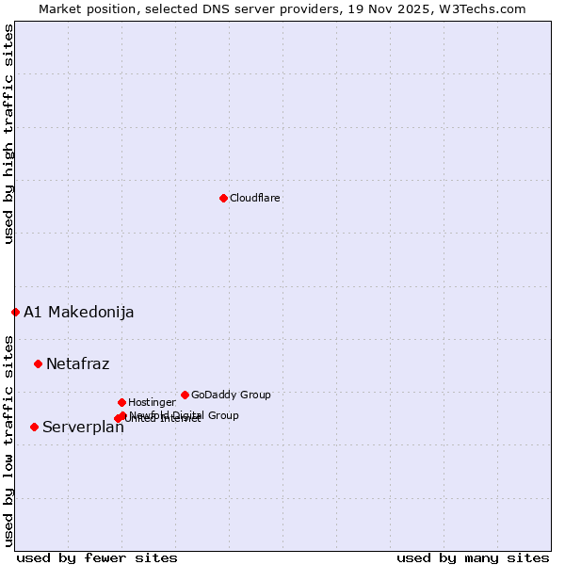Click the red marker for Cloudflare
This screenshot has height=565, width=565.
tap(223, 198)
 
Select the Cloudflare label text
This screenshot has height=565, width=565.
tap(254, 198)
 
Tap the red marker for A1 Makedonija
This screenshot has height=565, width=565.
tap(15, 312)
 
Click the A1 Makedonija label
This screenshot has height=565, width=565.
tap(78, 313)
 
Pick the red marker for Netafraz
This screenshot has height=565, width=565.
tap(38, 363)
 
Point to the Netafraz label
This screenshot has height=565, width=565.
tap(77, 364)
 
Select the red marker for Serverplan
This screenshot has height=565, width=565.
tap(34, 427)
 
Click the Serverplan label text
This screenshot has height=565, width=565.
tap(83, 428)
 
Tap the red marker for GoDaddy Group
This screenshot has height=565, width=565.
tap(185, 395)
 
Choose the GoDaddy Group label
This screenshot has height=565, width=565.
tap(231, 395)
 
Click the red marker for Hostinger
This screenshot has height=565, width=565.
tap(121, 402)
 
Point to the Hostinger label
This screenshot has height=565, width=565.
tap(152, 402)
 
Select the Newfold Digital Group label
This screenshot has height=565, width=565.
tap(185, 415)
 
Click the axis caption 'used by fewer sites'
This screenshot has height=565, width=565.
tap(97, 557)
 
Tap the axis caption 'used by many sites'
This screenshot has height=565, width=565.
tap(473, 557)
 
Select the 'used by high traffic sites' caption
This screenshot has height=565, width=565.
tap(8, 134)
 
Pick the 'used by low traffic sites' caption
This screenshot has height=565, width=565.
tap(8, 440)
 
